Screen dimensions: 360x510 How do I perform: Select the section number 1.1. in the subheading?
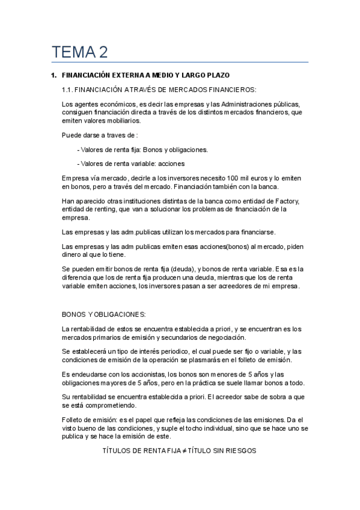click(x=71, y=90)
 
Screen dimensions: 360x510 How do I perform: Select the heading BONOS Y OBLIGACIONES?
click(x=104, y=315)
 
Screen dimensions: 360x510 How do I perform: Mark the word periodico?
click(x=165, y=351)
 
